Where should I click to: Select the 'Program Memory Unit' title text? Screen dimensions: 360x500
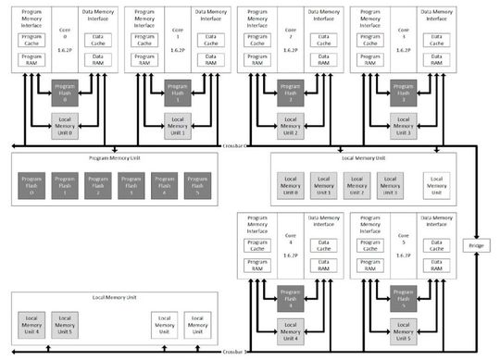(114, 157)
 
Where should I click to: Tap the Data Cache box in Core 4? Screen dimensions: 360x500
(321, 245)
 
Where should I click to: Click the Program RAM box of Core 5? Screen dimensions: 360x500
(369, 265)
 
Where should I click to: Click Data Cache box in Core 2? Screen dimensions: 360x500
(321, 41)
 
